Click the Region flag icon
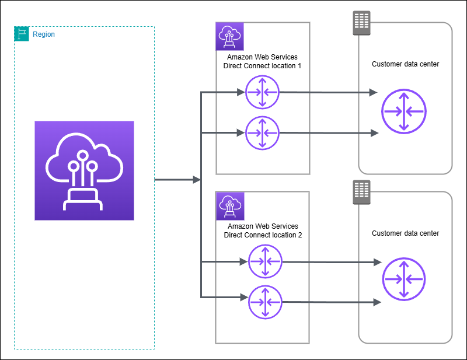[21, 34]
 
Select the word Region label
[44, 34]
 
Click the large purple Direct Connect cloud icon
[84, 170]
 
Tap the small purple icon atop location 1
[229, 36]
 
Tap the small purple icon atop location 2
[229, 205]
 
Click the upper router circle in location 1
[262, 92]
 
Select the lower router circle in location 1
[262, 132]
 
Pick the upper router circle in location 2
[265, 262]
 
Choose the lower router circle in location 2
[265, 302]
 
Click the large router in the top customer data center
[404, 110]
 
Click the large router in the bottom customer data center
[404, 279]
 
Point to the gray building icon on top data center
[362, 23]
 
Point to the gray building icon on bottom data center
[362, 192]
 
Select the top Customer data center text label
[405, 64]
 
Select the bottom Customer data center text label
[405, 233]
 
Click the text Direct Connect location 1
[262, 66]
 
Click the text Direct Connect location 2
[262, 235]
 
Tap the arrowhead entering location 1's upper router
[240, 92]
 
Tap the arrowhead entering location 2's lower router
[243, 297]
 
